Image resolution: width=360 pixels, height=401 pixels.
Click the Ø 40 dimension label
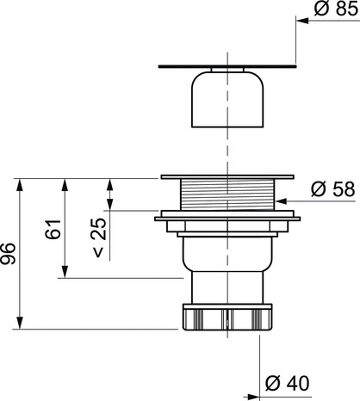click(286, 382)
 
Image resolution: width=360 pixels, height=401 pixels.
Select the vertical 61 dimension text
click(53, 231)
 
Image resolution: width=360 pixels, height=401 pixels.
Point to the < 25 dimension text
click(98, 238)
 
